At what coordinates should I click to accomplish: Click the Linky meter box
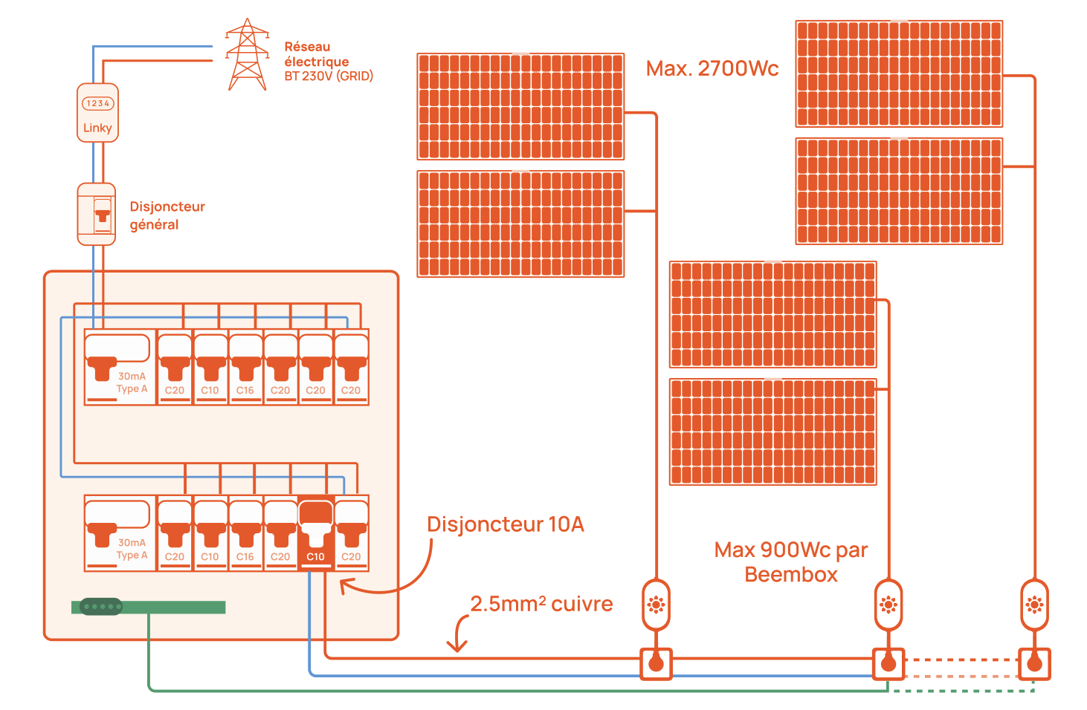[x=97, y=113]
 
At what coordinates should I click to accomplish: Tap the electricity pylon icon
[x=247, y=55]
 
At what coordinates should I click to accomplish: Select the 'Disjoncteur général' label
[x=167, y=215]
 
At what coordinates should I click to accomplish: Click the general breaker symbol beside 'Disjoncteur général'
[x=97, y=214]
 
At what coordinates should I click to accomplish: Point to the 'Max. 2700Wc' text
[x=712, y=69]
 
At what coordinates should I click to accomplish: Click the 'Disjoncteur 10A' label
[x=505, y=524]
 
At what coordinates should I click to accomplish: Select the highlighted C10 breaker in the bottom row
[x=315, y=533]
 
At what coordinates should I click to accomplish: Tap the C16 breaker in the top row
[x=245, y=367]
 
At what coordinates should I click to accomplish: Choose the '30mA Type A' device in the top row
[x=120, y=367]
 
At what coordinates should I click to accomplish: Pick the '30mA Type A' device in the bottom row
[x=120, y=533]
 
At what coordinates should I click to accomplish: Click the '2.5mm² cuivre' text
[x=541, y=604]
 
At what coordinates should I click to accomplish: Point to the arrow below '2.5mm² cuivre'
[x=458, y=636]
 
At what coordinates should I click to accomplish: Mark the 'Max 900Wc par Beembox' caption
[x=791, y=562]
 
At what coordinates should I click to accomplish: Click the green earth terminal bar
[x=149, y=608]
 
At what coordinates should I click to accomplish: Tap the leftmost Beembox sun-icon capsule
[x=656, y=605]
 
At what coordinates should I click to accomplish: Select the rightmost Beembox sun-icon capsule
[x=1034, y=605]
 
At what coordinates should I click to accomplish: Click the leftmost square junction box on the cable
[x=656, y=663]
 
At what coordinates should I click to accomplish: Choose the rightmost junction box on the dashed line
[x=1034, y=663]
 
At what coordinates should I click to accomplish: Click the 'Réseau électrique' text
[x=317, y=54]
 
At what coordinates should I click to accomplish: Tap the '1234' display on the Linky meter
[x=97, y=103]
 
